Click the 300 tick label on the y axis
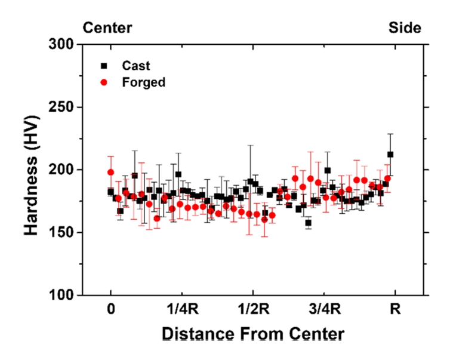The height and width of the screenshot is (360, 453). point(63,45)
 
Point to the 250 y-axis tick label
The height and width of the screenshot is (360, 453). point(63,107)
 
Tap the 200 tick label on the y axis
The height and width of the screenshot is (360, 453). point(63,170)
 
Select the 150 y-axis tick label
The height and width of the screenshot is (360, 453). point(63,233)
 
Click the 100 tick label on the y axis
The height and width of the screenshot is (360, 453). point(63,296)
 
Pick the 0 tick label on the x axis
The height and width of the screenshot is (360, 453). point(111,310)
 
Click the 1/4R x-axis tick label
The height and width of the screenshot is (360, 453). point(182,310)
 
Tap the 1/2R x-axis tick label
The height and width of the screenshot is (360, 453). point(253,310)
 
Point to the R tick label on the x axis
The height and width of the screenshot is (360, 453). point(395,310)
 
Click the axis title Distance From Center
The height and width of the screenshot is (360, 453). point(253,333)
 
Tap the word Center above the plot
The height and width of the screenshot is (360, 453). point(107,27)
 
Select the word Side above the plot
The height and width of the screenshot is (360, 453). point(405,27)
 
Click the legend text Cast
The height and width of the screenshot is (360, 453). point(136,66)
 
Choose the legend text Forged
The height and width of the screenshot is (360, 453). point(143,82)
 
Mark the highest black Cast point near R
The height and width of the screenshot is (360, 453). point(390,154)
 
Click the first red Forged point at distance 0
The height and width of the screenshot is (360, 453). point(110,172)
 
